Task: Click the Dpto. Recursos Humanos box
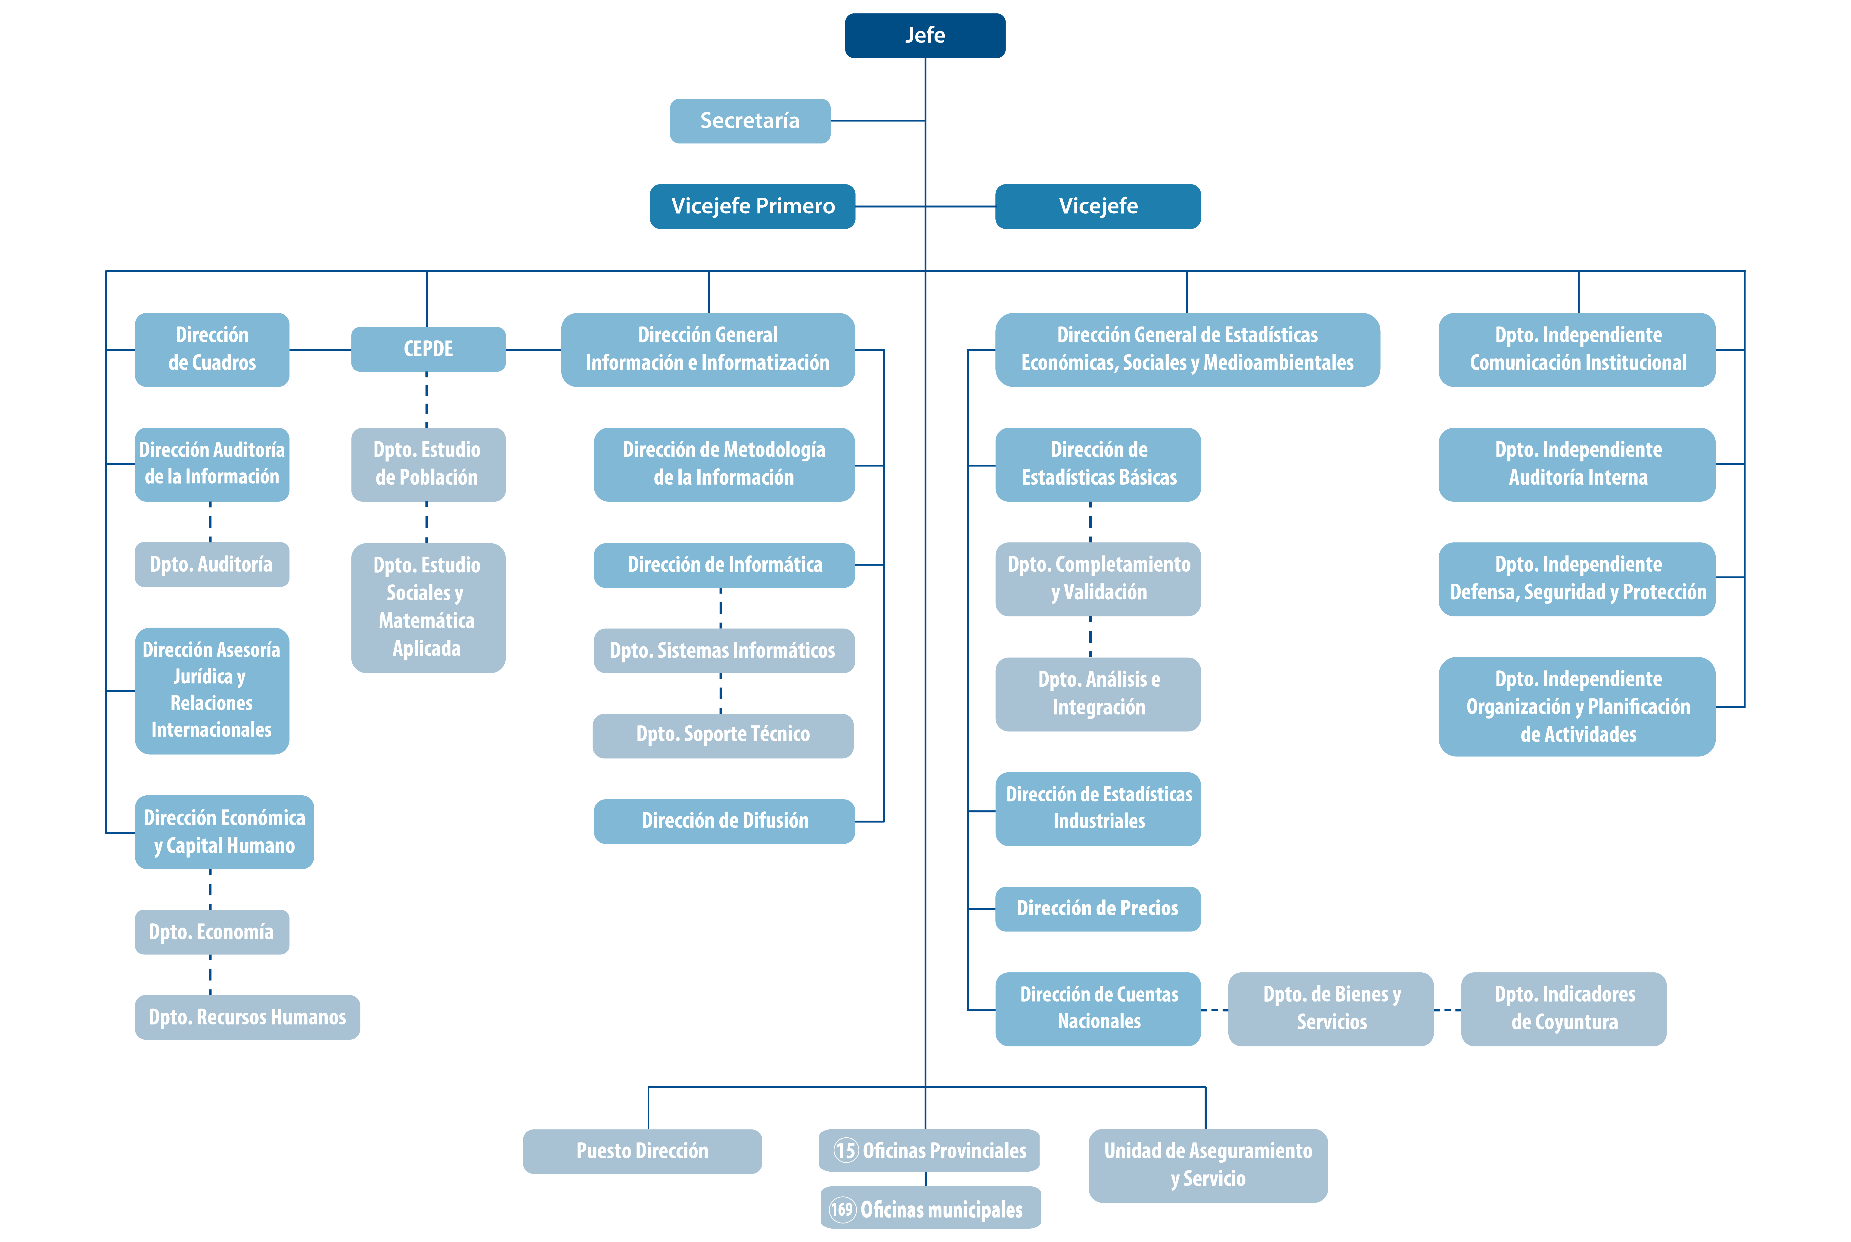[247, 1017]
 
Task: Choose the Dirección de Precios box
[1098, 909]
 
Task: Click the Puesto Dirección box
[642, 1151]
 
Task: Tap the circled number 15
[846, 1150]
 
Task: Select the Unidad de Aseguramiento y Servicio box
[1208, 1165]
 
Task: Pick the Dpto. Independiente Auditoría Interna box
[1577, 464]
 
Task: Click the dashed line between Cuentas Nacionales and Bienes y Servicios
[1214, 1010]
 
